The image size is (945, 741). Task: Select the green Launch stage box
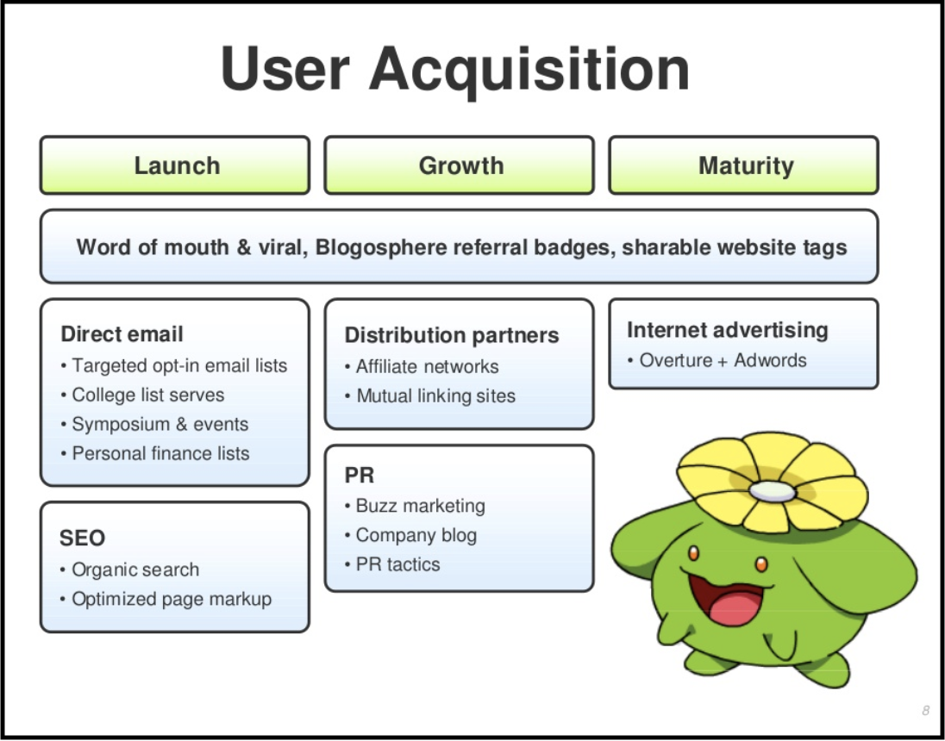175,165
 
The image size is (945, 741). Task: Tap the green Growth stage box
460,165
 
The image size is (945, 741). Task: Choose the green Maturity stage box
744,165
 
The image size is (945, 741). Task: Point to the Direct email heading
122,334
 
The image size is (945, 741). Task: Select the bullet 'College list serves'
143,395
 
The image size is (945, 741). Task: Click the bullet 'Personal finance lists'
155,453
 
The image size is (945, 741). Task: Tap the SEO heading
82,538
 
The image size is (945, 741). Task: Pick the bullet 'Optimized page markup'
166,600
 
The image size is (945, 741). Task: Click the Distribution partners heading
452,335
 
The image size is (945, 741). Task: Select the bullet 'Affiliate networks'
422,367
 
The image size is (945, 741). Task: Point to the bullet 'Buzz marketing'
416,506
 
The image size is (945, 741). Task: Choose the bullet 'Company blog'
411,535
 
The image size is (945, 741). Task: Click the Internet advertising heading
728,330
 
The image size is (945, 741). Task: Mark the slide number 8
925,711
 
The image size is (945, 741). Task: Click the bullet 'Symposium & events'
155,424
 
